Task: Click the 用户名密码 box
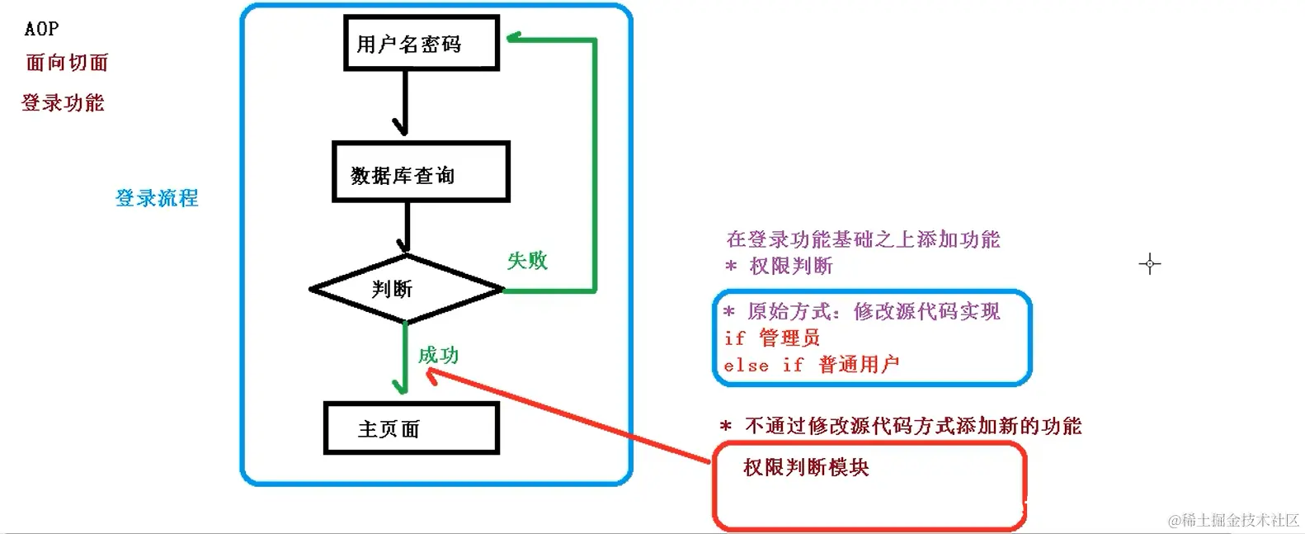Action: pos(421,43)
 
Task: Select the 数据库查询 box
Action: pos(421,172)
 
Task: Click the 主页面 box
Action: pos(411,428)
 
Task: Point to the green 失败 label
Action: pos(527,261)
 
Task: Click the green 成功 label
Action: pos(438,356)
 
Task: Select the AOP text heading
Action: pos(41,29)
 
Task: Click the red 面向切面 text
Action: pos(67,63)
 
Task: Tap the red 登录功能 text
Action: pos(64,103)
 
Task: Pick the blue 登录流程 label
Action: pos(157,198)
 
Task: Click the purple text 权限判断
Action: pos(790,266)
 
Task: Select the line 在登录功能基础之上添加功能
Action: pos(863,239)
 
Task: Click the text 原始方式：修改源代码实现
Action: pos(873,311)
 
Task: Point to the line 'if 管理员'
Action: pos(772,338)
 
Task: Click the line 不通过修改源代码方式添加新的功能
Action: pos(912,426)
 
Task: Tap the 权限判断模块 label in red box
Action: pos(806,467)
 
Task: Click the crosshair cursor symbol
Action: pos(1149,264)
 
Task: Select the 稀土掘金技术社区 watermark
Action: pos(1233,520)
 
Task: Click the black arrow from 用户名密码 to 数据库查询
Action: pos(404,103)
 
